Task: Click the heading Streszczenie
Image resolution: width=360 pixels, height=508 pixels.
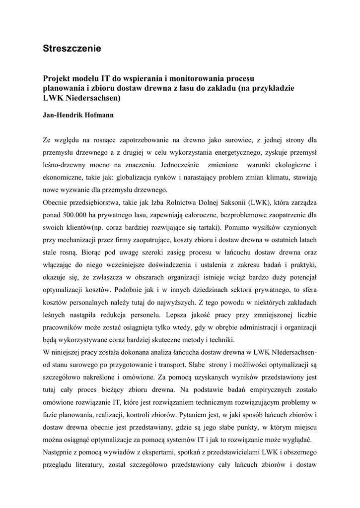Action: [x=72, y=49]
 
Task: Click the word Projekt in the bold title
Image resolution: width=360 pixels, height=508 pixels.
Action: [x=57, y=78]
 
